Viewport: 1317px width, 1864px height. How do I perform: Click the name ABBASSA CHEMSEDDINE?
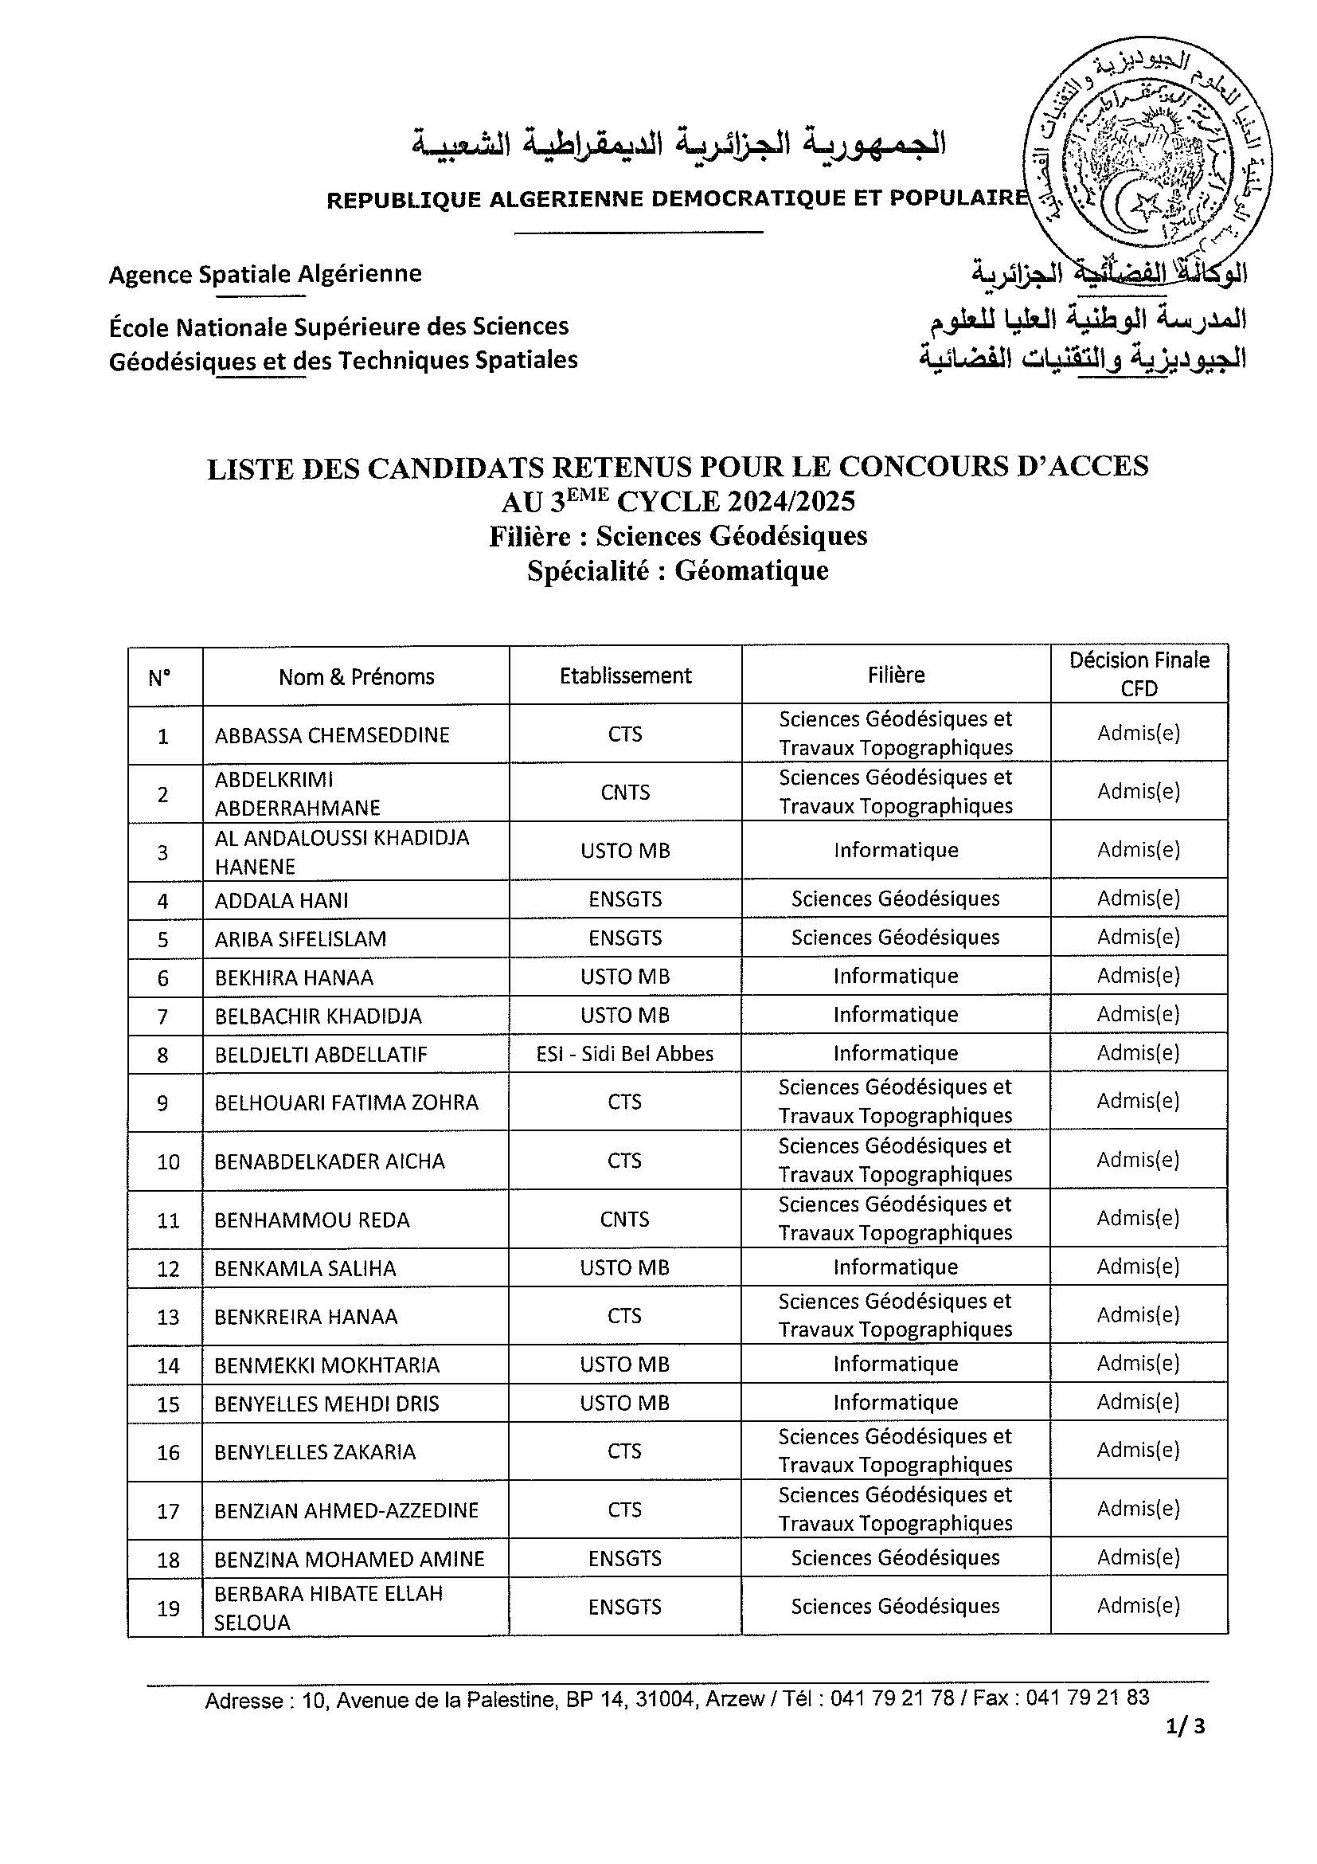point(332,734)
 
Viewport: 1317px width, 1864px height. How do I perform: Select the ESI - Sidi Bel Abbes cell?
point(625,1054)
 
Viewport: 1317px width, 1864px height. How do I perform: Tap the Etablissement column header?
point(625,676)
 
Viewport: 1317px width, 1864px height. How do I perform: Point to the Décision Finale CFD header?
point(1139,674)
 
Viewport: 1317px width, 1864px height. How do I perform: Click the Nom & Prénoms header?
point(356,676)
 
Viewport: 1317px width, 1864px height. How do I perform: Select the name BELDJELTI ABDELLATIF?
point(321,1055)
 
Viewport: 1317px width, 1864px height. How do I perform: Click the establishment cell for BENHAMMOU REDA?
point(625,1219)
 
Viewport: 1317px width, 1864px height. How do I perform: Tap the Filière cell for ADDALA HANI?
point(895,899)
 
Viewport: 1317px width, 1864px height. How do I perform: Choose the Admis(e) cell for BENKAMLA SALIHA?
point(1138,1267)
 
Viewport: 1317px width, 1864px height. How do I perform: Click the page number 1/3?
point(1186,1749)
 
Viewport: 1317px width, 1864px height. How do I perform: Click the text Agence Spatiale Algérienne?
point(265,273)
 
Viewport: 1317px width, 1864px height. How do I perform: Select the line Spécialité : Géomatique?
point(678,570)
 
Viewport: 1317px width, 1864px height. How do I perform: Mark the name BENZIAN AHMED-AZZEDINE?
point(346,1510)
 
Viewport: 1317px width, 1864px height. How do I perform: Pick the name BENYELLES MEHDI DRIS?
point(326,1404)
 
